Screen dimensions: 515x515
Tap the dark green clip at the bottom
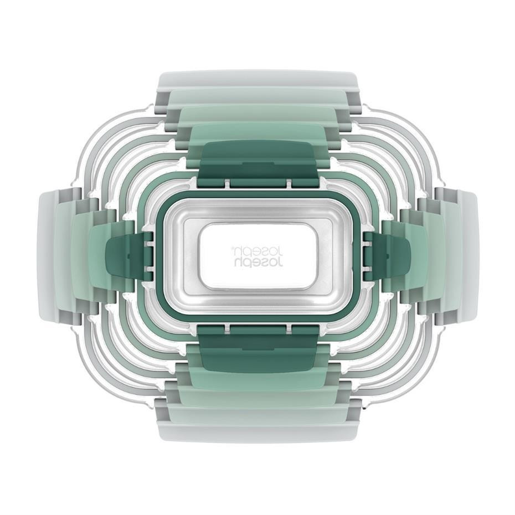(x=258, y=349)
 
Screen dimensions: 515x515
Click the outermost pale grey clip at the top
(x=257, y=79)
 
